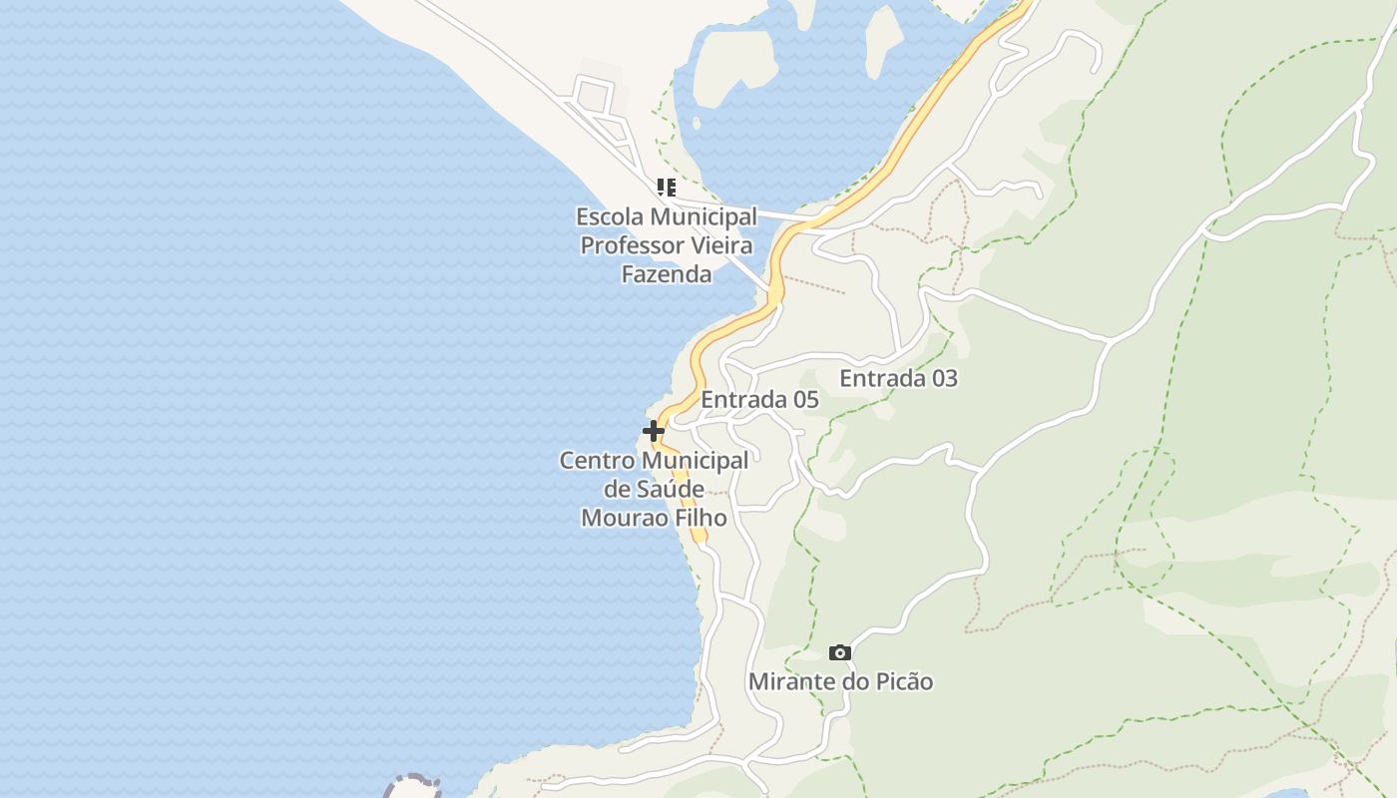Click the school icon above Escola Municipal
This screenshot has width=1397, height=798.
667,187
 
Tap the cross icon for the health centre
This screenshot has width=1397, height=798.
654,431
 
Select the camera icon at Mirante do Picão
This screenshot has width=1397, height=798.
840,652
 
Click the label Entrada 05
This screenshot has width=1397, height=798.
759,400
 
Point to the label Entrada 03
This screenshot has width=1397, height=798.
898,378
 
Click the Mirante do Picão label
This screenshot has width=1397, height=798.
840,682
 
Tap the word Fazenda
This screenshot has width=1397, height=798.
667,273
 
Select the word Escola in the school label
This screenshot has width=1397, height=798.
610,216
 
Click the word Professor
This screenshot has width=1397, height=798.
633,245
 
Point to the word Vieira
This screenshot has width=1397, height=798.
722,245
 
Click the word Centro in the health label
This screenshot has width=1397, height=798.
597,461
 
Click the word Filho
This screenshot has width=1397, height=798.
698,518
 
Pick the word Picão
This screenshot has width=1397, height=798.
903,682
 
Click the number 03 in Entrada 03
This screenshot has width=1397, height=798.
942,378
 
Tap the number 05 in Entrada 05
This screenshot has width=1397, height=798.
803,400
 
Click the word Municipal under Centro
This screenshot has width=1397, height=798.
695,461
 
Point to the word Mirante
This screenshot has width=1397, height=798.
783,682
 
